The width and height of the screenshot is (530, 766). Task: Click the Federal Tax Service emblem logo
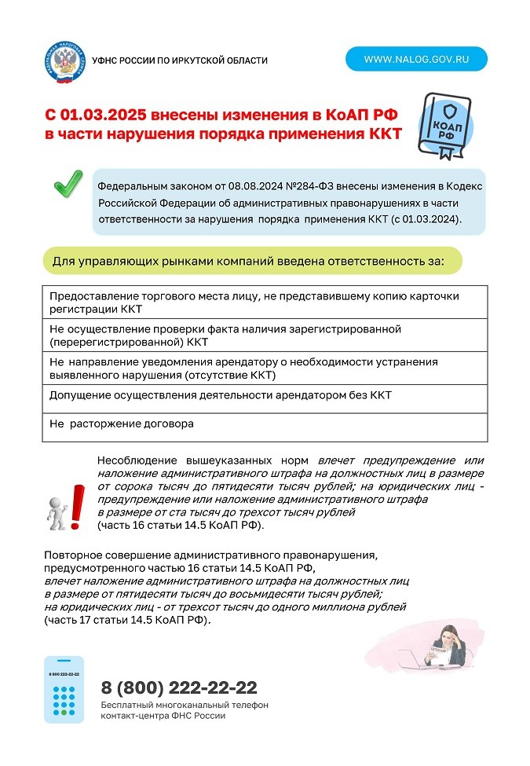(65, 61)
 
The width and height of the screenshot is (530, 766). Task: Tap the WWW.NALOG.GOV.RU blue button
(416, 59)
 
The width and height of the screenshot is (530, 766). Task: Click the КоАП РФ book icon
(445, 126)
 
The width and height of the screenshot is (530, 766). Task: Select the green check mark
(68, 186)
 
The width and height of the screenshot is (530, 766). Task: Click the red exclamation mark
(77, 506)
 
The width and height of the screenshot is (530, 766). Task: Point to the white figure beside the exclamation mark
(57, 511)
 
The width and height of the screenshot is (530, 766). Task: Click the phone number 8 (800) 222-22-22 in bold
(179, 688)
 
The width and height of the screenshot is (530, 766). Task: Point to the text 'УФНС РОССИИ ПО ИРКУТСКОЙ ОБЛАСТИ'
(180, 60)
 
